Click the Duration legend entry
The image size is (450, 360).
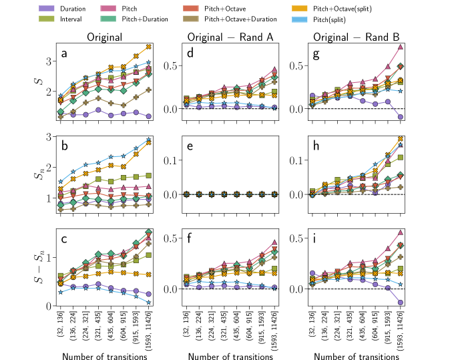(x=71, y=9)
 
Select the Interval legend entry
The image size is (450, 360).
(x=70, y=19)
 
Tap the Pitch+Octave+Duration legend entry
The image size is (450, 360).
(x=236, y=19)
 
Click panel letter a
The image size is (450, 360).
(x=65, y=53)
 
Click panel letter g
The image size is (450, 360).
(x=316, y=53)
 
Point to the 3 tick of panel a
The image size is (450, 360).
(x=49, y=61)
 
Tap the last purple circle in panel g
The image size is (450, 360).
(x=400, y=117)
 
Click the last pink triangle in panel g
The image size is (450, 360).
(x=400, y=47)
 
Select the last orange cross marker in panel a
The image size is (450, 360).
(x=149, y=47)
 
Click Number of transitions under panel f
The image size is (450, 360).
(x=230, y=357)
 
